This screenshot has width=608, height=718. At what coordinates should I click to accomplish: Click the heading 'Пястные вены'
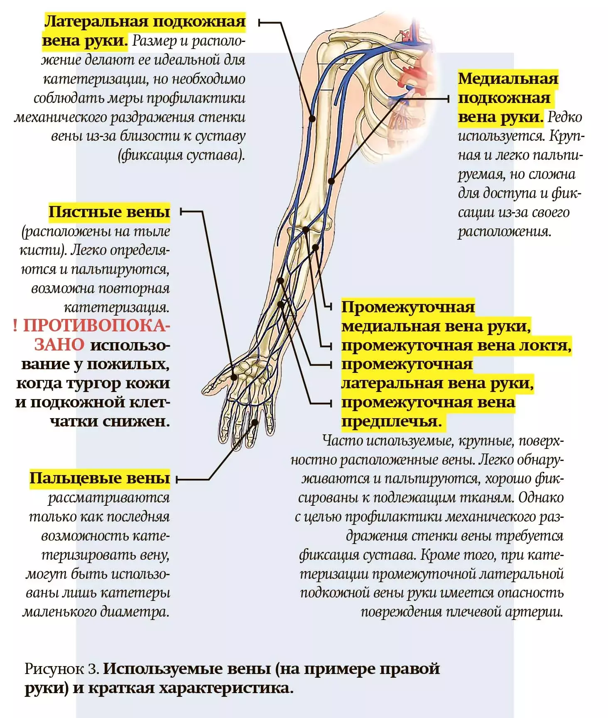point(109,212)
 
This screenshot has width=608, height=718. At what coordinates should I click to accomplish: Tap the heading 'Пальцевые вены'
point(100,478)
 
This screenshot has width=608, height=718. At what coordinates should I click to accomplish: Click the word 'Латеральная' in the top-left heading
point(96,22)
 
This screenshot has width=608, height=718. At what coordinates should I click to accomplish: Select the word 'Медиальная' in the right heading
point(508,78)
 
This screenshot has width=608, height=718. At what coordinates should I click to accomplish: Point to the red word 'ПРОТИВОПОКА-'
point(96,326)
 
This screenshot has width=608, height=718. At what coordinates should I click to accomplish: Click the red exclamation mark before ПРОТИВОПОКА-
point(15,326)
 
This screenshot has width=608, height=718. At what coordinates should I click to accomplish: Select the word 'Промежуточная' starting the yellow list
point(408,307)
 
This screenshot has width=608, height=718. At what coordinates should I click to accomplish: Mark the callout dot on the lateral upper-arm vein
point(312,118)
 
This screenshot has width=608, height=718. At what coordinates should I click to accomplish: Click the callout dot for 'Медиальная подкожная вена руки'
point(331,181)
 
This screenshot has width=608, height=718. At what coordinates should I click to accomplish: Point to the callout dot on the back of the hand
point(234,377)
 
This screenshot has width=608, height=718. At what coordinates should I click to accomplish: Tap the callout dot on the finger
point(255,422)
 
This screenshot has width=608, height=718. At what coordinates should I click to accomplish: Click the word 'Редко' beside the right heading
point(565,117)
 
